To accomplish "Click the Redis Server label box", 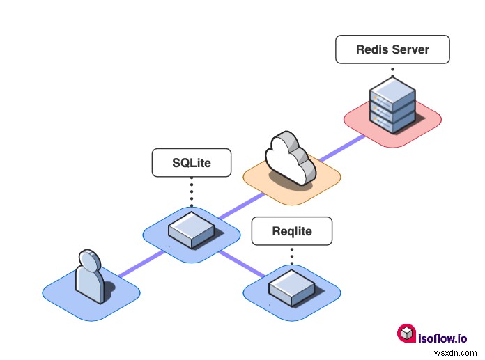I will pos(392,50).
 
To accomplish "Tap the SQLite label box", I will pos(192,163).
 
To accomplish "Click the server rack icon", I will pos(392,107).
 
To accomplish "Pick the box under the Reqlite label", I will pos(291,286).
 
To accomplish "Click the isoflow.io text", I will pos(443,338).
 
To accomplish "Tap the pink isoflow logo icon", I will pos(406,334).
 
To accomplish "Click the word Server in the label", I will pos(410,50).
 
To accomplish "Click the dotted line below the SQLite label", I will pos(192,191).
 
